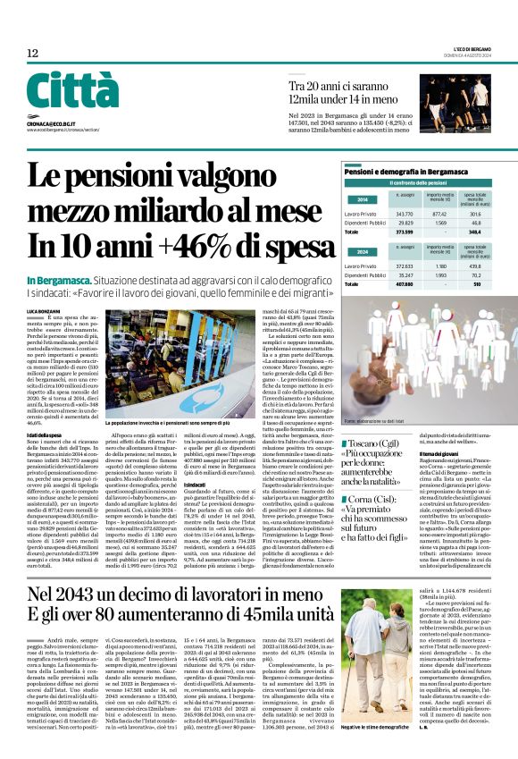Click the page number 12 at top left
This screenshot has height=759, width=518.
pos(32,54)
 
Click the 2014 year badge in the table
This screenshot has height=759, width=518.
pos(362,200)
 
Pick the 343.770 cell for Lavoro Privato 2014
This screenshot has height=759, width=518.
pos(404,214)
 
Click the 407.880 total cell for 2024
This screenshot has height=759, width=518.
pos(404,284)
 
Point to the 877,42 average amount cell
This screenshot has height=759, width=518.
pos(439,214)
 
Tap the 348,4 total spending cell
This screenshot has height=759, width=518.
pos(474,232)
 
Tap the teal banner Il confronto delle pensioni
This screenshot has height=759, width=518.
pos(418,183)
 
